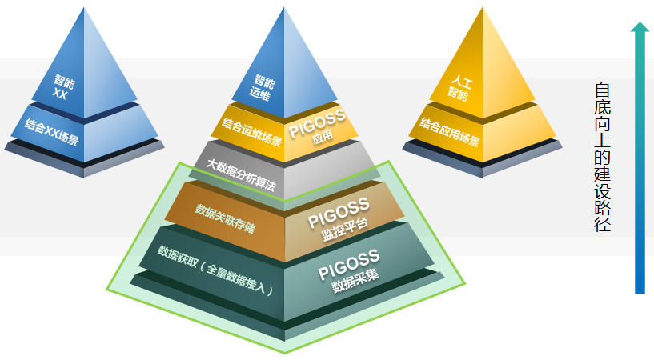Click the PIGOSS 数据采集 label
click(349, 271)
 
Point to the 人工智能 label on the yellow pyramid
click(459, 86)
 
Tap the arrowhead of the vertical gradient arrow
click(639, 29)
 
